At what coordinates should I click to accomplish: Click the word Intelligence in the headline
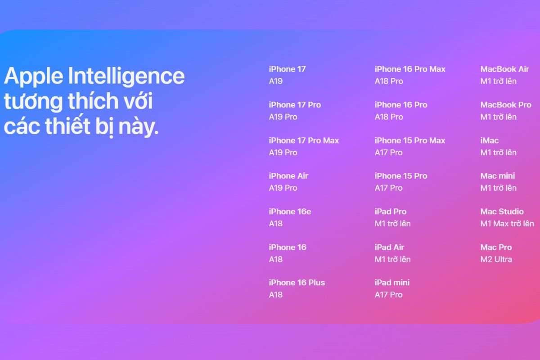[x=126, y=76]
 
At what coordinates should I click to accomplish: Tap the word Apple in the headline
[x=32, y=76]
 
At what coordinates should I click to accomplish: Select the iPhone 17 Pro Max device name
[x=304, y=140]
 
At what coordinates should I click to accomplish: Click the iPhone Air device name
[x=288, y=176]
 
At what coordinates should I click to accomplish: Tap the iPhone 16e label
[x=290, y=211]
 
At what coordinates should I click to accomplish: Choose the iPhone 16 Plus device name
[x=297, y=283]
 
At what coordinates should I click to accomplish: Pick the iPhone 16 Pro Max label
[x=410, y=69]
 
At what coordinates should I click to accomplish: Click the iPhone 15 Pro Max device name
[x=410, y=140]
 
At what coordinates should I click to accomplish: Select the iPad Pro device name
[x=391, y=211]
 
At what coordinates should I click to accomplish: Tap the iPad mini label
[x=392, y=283]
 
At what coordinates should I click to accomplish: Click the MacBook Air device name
[x=504, y=69]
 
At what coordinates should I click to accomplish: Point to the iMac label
[x=490, y=140]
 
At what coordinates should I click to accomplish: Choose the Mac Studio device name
[x=502, y=211]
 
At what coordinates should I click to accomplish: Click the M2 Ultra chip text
[x=496, y=259]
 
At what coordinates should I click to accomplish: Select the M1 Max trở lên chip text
[x=507, y=224]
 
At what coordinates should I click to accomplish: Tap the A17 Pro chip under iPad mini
[x=388, y=295]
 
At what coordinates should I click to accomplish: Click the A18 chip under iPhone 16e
[x=276, y=224]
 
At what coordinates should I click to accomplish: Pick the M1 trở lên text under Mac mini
[x=498, y=188]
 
